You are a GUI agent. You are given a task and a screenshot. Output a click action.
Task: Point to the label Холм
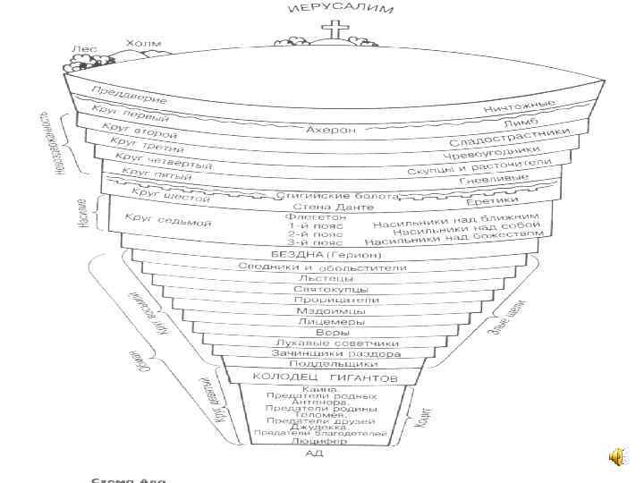pyautogui.click(x=143, y=44)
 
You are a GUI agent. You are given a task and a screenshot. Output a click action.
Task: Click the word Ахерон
pyautogui.click(x=331, y=130)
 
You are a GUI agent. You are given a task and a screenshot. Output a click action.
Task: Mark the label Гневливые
pyautogui.click(x=493, y=179)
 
